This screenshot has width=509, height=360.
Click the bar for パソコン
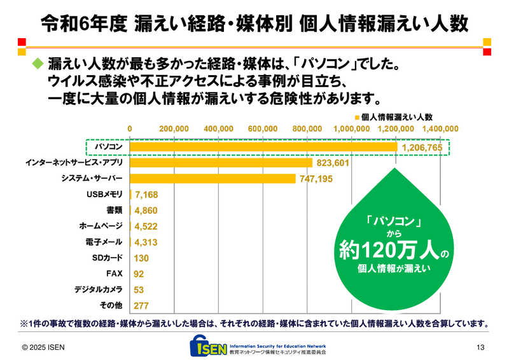[x=263, y=147]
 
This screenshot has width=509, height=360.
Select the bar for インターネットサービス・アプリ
[x=221, y=163]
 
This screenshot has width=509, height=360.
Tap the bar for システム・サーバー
[x=213, y=179]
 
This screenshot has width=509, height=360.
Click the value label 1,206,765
[x=422, y=148]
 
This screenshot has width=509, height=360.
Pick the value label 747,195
[x=316, y=179]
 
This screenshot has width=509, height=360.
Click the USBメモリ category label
[x=104, y=195]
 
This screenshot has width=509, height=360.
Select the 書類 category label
[x=115, y=211]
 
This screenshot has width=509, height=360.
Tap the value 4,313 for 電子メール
[x=146, y=242]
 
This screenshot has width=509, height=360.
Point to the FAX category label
[x=115, y=273]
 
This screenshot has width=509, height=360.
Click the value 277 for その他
[x=142, y=305]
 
